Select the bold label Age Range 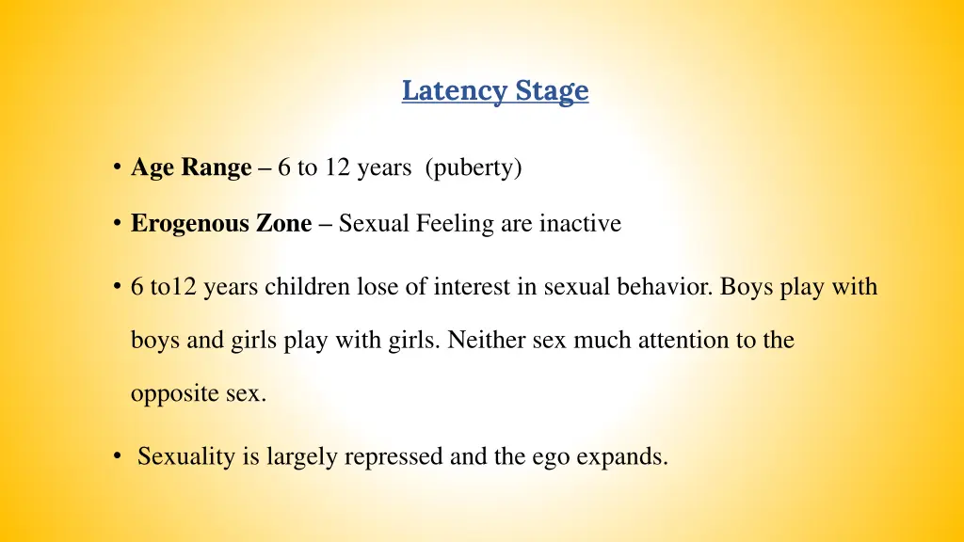(x=191, y=168)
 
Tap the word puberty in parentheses (x=474, y=168)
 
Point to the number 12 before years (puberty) (x=336, y=168)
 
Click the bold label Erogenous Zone (x=221, y=224)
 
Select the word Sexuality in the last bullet (x=185, y=457)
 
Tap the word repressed (x=393, y=457)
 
